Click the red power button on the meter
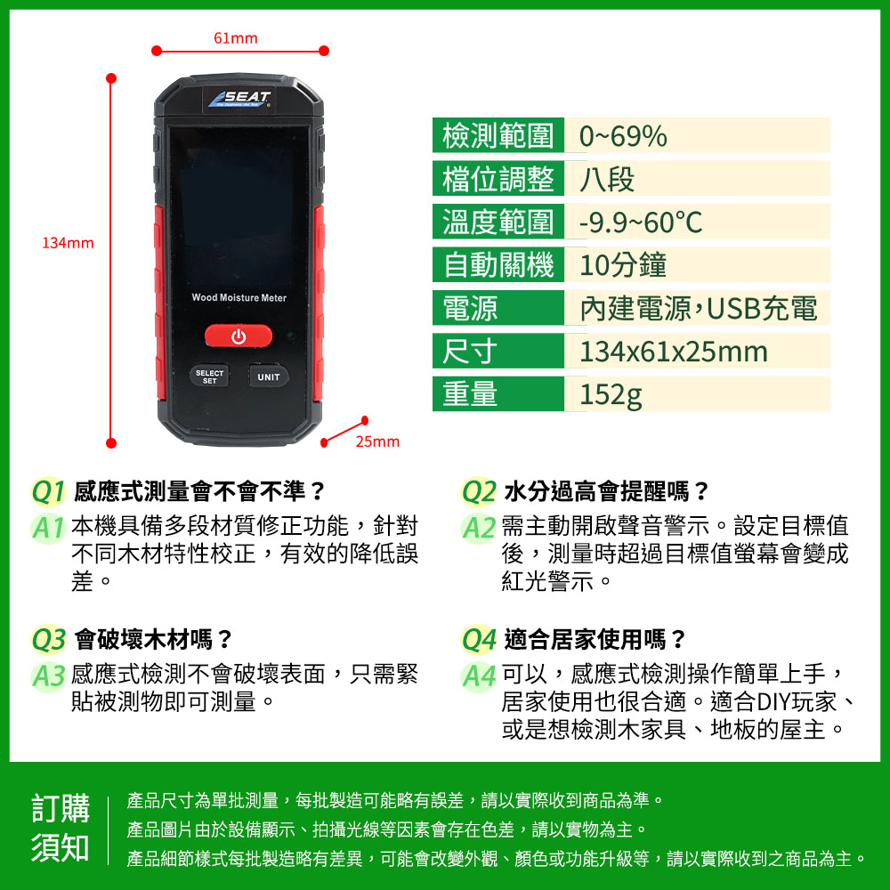[x=239, y=336]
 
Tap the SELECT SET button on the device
[x=209, y=376]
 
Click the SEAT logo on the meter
[x=239, y=100]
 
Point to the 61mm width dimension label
[x=236, y=38]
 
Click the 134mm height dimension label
[x=68, y=243]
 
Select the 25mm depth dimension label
[x=377, y=441]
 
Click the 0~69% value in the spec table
[x=623, y=136]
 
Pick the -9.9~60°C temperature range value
[x=641, y=222]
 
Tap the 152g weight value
[x=611, y=394]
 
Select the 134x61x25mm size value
[x=674, y=352]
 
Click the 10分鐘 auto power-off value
[x=623, y=265]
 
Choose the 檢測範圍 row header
[x=498, y=135]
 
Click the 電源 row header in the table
[x=470, y=308]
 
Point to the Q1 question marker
[x=48, y=491]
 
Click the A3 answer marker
[x=48, y=676]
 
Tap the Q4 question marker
[x=479, y=640]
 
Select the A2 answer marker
[x=479, y=528]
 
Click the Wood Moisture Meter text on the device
[x=239, y=297]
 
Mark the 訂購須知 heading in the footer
[x=61, y=828]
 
